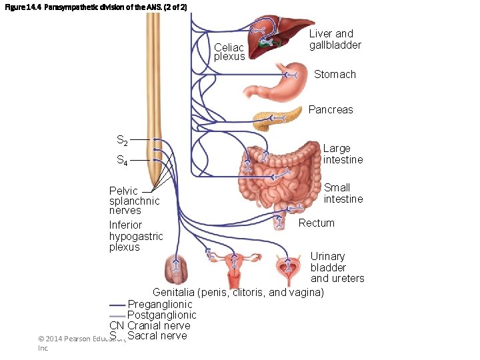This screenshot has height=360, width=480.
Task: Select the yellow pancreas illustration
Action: click(273, 119)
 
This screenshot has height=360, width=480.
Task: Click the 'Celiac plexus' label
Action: click(229, 51)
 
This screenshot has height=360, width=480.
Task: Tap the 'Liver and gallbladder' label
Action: click(335, 39)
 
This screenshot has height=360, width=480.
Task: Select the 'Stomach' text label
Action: click(335, 75)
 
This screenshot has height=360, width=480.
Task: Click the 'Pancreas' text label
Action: click(331, 109)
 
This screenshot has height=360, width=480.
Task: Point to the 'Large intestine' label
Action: click(343, 154)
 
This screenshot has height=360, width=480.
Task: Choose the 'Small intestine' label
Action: click(343, 193)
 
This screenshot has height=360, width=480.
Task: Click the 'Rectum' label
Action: click(316, 223)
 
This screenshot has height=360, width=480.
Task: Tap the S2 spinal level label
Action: click(123, 141)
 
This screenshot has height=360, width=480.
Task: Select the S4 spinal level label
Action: click(123, 161)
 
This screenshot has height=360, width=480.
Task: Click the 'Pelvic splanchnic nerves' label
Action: click(134, 201)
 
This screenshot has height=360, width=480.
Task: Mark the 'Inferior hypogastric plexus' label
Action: click(136, 236)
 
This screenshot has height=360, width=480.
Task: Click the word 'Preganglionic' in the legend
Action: click(160, 305)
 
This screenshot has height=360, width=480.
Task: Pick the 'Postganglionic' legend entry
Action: click(161, 315)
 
